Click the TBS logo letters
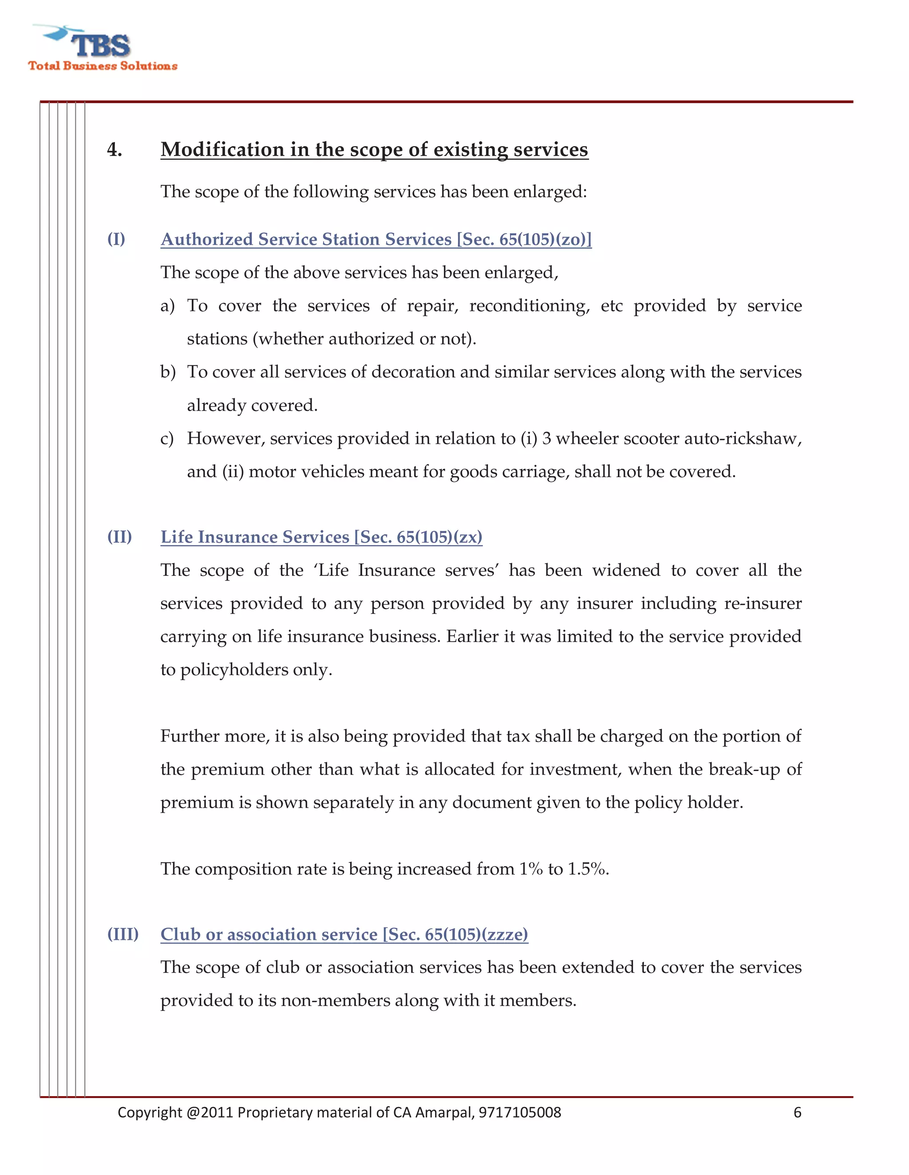tap(101, 46)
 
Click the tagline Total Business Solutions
tap(103, 66)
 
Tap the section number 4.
tap(114, 149)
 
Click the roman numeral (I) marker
tap(116, 239)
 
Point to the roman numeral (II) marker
tap(119, 537)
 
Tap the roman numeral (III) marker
tap(123, 933)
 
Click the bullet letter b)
tap(167, 372)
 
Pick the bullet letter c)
tap(167, 439)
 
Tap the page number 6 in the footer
tap(797, 1112)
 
